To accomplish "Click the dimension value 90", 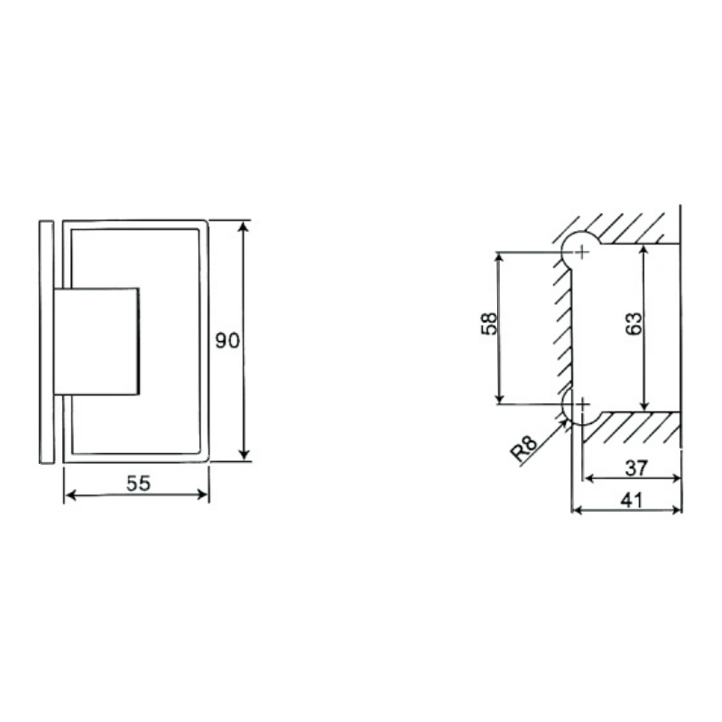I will point(227,340).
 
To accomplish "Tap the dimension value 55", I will point(137,483).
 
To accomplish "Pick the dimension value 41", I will point(631,498).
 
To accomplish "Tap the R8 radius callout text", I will point(524,448).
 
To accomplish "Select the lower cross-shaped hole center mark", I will point(582,403).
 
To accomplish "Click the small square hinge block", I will point(97,341).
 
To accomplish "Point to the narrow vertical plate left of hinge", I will point(46,341).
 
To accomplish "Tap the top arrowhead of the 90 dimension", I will point(244,226).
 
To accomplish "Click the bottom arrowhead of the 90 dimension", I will point(244,456).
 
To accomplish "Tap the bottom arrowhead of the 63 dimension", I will point(643,404).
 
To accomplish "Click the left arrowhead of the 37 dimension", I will point(588,478).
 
